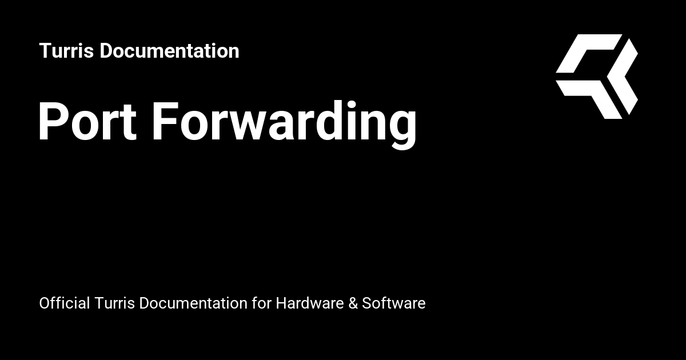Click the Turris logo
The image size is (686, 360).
(x=597, y=76)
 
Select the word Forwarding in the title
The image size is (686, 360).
(x=284, y=121)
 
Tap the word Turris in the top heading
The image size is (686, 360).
(x=66, y=51)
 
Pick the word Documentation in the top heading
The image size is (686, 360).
(x=169, y=51)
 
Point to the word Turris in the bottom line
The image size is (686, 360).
(x=115, y=303)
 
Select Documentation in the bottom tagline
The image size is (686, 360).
(x=193, y=303)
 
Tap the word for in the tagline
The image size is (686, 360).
(x=261, y=303)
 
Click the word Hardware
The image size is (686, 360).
(x=309, y=303)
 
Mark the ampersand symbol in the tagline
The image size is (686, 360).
(x=353, y=303)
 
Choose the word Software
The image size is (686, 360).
(x=394, y=303)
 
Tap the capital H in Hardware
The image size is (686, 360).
(x=281, y=303)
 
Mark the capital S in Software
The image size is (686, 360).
(x=366, y=303)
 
